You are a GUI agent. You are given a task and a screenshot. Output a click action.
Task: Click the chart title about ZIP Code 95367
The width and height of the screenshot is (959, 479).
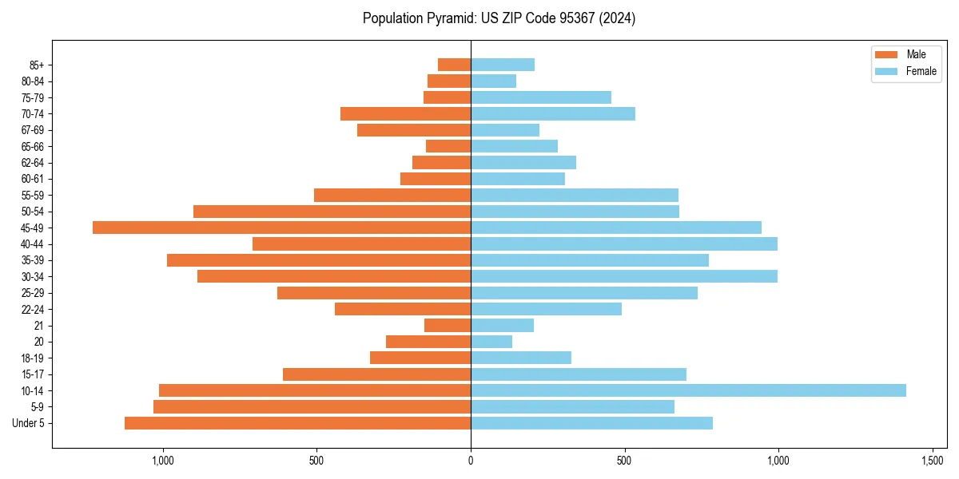coord(499,18)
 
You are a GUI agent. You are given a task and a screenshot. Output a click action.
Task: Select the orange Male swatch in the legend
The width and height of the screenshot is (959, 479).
coord(886,54)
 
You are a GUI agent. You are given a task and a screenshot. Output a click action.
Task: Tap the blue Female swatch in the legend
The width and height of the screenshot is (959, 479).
coord(886,71)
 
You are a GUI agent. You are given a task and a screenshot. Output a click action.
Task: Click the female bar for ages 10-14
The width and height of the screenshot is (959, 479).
coord(688,390)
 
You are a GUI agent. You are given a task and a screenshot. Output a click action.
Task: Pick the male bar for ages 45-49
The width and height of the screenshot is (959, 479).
coord(281,228)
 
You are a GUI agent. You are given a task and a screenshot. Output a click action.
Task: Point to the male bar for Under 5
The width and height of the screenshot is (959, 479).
coord(297,423)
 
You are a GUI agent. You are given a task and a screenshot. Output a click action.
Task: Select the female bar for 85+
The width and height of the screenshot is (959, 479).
coord(503,65)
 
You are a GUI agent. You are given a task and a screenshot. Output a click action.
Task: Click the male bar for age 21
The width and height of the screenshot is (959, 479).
coord(448,325)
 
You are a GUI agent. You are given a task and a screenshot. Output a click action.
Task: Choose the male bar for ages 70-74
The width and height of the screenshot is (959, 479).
coord(405,113)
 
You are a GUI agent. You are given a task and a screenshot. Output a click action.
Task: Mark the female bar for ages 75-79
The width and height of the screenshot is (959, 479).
coord(541,97)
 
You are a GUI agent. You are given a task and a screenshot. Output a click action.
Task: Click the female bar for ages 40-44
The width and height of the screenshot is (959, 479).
coord(624,243)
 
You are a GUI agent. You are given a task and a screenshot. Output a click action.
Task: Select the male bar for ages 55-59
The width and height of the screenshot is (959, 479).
coord(392,195)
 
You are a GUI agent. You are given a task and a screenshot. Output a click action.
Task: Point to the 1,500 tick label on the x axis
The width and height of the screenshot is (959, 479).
coord(933,461)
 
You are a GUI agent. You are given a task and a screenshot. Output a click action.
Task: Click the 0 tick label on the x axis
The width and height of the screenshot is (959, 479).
coord(471,461)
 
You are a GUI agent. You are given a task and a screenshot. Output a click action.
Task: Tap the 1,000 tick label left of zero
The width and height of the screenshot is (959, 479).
coord(163,461)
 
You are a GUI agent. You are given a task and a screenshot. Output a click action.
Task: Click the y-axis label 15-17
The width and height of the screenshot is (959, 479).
coord(33,374)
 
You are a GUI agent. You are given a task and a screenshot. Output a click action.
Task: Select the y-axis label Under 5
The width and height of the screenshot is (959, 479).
coord(29,423)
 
